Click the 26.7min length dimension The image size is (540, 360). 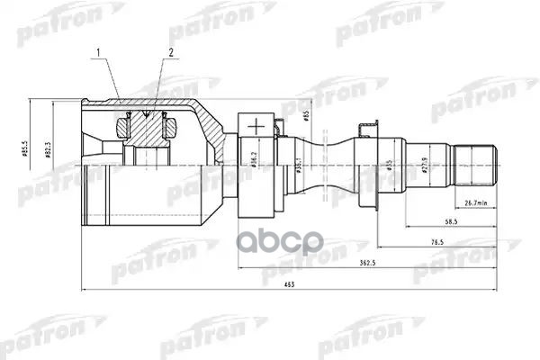coord(475,202)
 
